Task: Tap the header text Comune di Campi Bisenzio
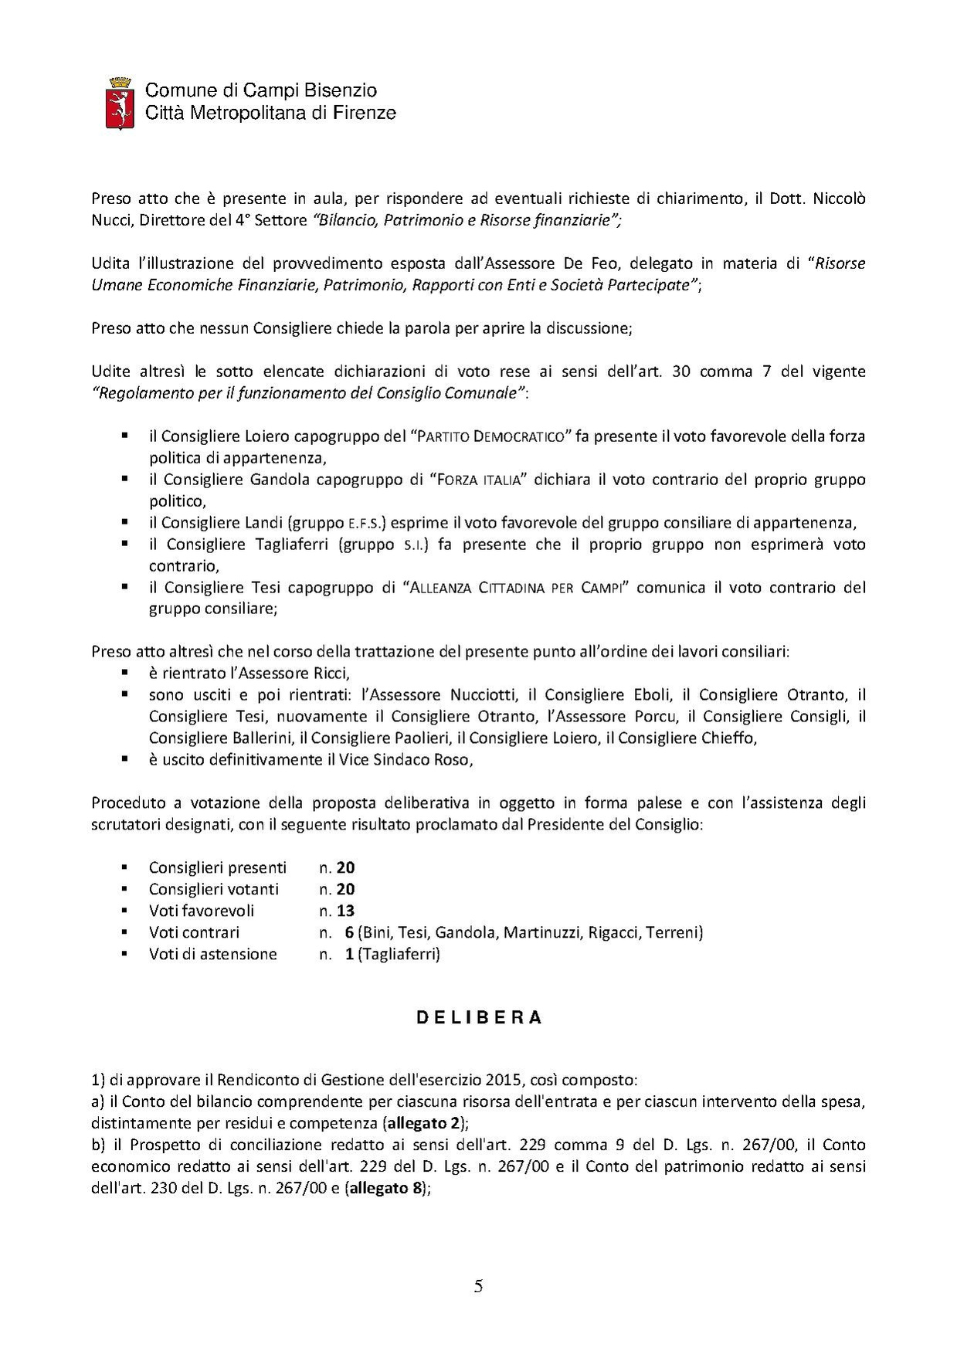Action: point(261,90)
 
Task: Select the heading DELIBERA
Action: point(479,1018)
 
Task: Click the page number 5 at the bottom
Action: point(479,1287)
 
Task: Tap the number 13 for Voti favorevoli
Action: point(345,911)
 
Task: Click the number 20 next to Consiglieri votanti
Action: point(345,889)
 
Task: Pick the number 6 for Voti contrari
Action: point(349,932)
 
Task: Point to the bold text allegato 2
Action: point(424,1123)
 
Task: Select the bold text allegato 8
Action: point(385,1188)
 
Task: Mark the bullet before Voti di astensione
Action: point(124,953)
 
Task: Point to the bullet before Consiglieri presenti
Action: point(124,867)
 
